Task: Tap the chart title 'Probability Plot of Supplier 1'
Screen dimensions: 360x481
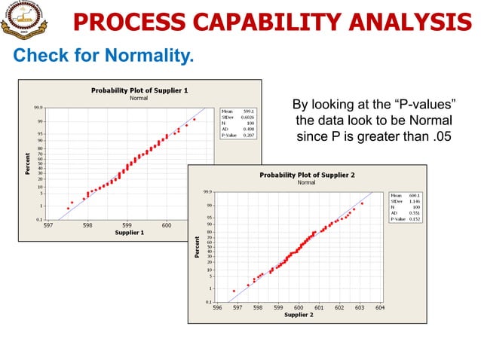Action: click(x=139, y=90)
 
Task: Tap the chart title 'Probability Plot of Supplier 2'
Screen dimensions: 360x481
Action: click(x=307, y=175)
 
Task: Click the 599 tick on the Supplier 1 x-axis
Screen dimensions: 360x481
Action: click(x=127, y=224)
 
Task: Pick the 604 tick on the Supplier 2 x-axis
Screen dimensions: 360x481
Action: click(x=379, y=307)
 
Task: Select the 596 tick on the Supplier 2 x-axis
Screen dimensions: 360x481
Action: click(x=217, y=307)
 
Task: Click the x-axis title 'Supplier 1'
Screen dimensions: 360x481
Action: click(x=129, y=232)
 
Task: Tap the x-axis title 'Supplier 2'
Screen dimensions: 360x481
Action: click(x=298, y=315)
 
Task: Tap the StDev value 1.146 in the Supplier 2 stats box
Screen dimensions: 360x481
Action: click(x=414, y=201)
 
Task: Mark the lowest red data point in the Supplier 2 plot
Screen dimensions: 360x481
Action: click(x=234, y=291)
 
